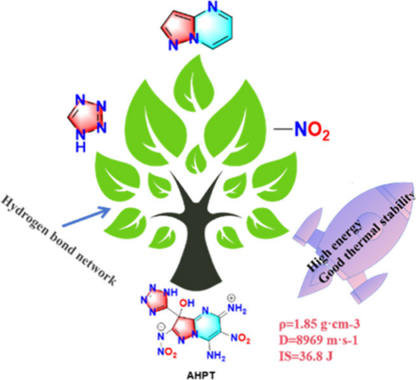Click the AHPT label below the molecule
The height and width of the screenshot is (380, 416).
[201, 375]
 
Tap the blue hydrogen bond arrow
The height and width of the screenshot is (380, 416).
[86, 217]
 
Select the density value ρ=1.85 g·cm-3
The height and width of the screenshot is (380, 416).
[319, 325]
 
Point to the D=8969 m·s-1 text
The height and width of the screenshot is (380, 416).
[318, 340]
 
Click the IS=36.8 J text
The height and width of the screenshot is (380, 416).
[306, 356]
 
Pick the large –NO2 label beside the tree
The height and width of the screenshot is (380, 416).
[302, 130]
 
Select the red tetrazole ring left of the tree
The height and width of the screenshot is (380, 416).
[87, 117]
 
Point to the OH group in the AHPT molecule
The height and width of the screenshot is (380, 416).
[186, 303]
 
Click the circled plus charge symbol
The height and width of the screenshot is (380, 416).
[231, 298]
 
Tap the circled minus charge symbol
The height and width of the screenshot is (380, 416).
[161, 326]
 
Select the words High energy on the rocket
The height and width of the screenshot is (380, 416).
[334, 244]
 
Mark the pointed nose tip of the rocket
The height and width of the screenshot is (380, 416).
[413, 184]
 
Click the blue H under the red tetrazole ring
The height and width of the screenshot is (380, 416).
[81, 146]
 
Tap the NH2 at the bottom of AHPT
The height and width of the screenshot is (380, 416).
[216, 356]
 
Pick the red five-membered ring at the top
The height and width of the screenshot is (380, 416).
[179, 30]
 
